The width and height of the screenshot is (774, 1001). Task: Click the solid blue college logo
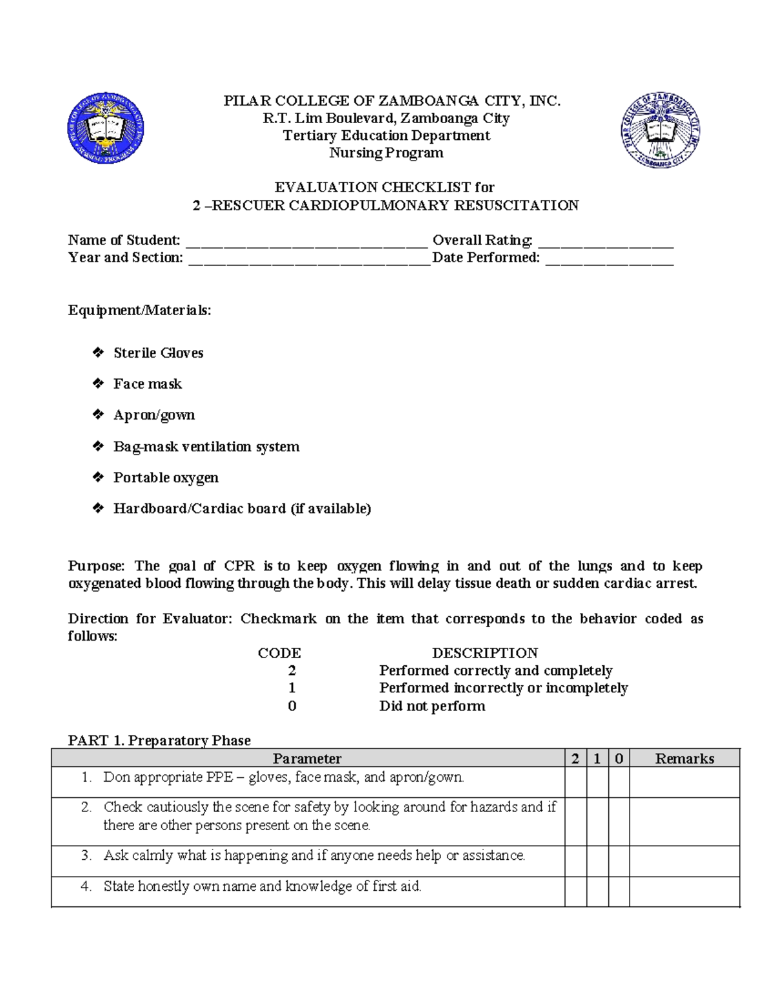point(106,128)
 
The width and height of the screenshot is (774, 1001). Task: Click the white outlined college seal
point(660,130)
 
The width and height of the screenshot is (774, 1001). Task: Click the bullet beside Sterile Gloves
point(98,352)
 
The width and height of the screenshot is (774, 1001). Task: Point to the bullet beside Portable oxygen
point(98,477)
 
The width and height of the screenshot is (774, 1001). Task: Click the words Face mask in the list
point(148,384)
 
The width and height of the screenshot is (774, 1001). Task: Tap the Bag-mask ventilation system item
point(206,446)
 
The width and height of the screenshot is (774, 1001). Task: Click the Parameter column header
point(307,759)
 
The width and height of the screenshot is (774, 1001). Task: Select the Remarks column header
point(684,759)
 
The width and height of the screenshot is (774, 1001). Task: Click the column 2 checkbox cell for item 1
point(575,782)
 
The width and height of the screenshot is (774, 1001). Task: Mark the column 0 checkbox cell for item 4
point(619,891)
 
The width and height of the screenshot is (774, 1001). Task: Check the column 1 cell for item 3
point(597,861)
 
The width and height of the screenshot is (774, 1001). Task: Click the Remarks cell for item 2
point(684,822)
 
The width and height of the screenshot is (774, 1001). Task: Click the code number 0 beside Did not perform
point(292,706)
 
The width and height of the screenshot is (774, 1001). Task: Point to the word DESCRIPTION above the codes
point(484,653)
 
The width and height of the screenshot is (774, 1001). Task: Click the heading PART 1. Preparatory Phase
point(159,740)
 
